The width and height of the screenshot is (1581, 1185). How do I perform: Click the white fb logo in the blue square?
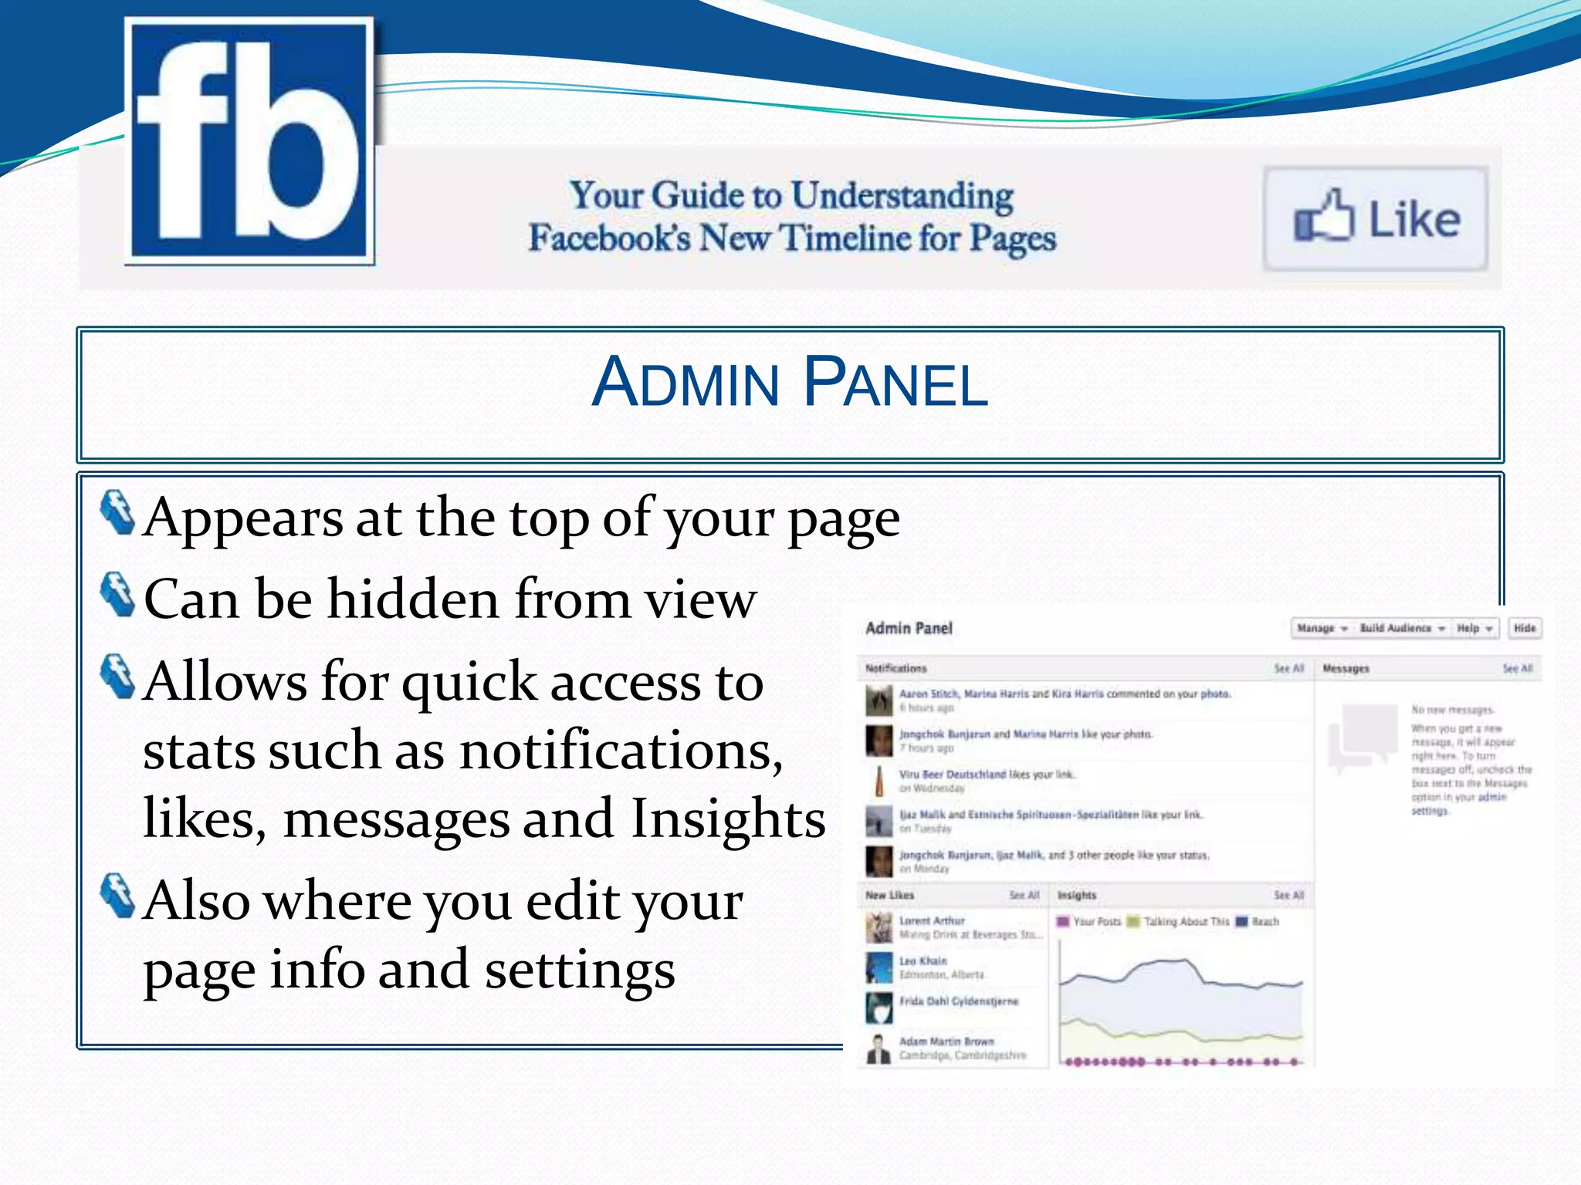click(x=249, y=140)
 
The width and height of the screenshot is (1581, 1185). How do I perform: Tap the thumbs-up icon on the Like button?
click(x=1323, y=217)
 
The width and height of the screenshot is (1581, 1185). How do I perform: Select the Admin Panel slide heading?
click(x=789, y=382)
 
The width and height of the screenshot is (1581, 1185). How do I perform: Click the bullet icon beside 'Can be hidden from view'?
click(x=117, y=594)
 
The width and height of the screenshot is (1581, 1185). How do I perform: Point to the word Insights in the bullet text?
click(x=728, y=818)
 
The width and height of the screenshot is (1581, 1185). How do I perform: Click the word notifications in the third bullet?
click(x=620, y=750)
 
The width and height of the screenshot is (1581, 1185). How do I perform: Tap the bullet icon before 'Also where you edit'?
click(x=117, y=896)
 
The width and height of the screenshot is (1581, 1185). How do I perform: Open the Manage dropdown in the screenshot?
click(x=1322, y=629)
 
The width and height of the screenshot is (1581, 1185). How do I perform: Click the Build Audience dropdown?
click(x=1401, y=629)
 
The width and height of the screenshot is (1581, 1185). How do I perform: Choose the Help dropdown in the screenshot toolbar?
click(x=1474, y=629)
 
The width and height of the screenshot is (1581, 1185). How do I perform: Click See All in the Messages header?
click(x=1517, y=668)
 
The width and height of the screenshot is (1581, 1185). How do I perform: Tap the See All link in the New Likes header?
click(x=1024, y=895)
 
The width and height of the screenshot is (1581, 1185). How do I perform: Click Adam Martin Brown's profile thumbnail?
click(x=879, y=1048)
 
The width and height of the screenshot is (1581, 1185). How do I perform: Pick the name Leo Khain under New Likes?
click(x=923, y=960)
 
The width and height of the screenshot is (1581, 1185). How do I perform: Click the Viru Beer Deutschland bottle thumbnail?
click(x=879, y=781)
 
